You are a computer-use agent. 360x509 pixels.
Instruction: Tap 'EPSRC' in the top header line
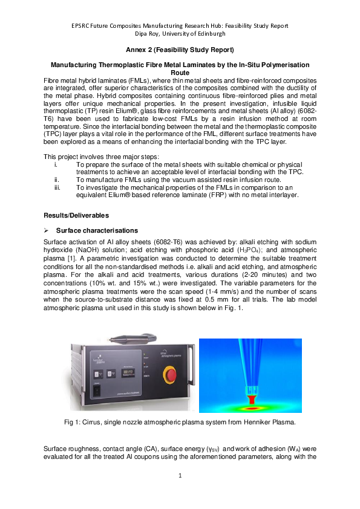pyautogui.click(x=83, y=25)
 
